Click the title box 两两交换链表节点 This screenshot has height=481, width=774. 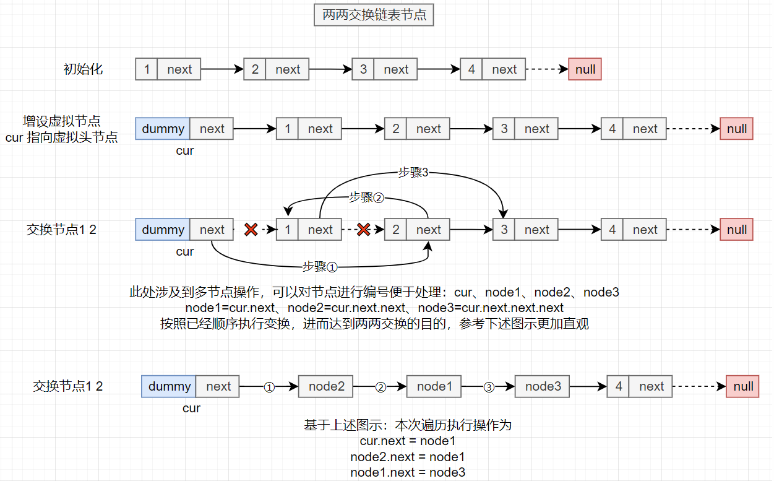(374, 15)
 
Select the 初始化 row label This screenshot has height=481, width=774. (83, 69)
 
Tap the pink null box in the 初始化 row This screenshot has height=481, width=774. (585, 69)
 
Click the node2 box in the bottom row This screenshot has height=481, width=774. (326, 386)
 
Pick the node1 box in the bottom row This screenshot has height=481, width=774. (434, 386)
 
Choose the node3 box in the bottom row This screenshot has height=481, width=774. (543, 386)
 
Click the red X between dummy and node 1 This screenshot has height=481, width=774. (251, 230)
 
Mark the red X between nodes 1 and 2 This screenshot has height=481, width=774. (363, 230)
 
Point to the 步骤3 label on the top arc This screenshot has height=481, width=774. (413, 173)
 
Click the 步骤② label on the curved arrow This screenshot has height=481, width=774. (366, 197)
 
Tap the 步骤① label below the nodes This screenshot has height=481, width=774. (320, 267)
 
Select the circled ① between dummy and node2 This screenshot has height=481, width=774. (269, 386)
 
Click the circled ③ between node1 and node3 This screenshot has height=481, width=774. (489, 386)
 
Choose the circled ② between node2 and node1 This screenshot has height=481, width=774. (381, 386)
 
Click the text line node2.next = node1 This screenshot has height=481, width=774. (408, 457)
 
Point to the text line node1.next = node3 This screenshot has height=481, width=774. (408, 472)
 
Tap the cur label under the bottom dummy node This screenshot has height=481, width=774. (191, 408)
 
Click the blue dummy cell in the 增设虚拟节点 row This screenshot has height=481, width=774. (163, 129)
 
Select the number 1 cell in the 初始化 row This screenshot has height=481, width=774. (147, 69)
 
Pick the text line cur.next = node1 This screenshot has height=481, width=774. (408, 441)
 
